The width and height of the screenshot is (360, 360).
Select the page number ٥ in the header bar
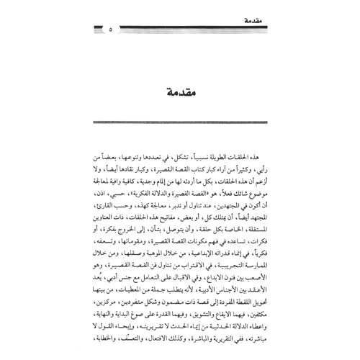point(110,30)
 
